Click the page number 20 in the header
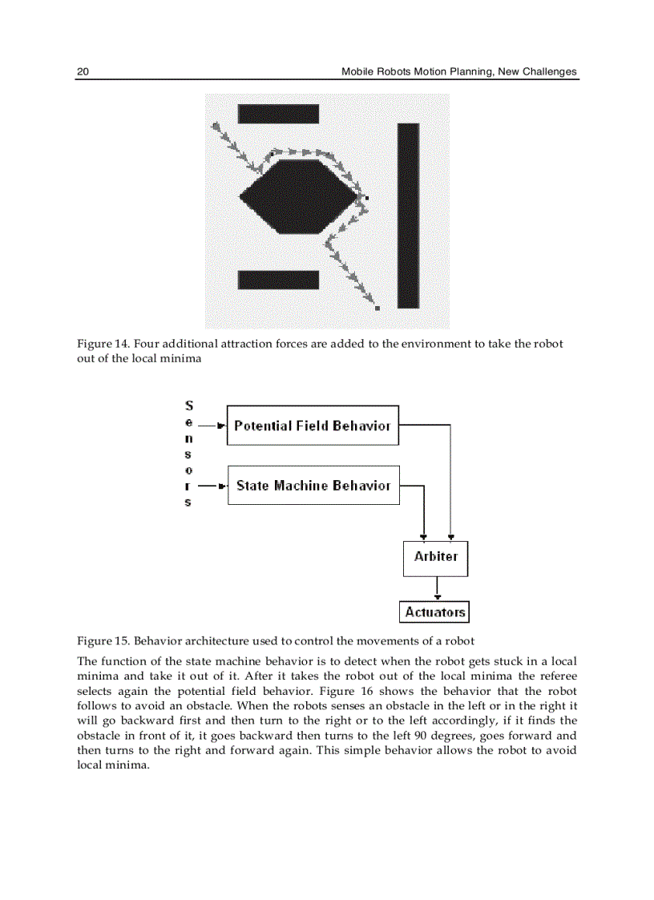click(83, 71)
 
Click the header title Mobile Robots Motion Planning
click(458, 71)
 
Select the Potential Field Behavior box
click(313, 426)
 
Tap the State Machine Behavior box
click(313, 486)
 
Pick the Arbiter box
click(435, 557)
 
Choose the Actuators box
click(434, 612)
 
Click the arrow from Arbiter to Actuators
click(436, 589)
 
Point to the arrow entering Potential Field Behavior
click(212, 426)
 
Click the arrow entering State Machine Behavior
click(212, 486)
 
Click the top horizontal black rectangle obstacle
click(278, 114)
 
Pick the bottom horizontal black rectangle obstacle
click(278, 280)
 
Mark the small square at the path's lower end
click(377, 308)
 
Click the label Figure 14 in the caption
click(103, 344)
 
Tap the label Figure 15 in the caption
click(103, 641)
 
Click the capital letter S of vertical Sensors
click(188, 406)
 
